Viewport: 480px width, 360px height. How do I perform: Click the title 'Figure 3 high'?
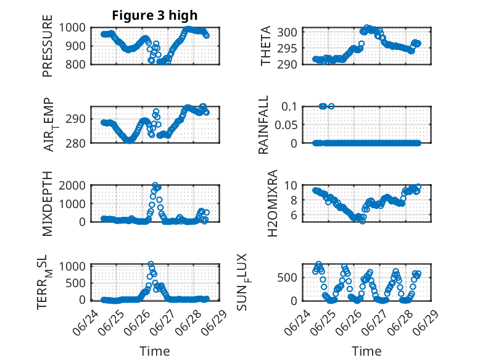[155, 15]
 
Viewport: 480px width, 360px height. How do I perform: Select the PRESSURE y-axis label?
[48, 46]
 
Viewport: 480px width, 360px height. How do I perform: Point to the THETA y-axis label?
[266, 46]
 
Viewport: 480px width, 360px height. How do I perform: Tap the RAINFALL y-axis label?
[263, 125]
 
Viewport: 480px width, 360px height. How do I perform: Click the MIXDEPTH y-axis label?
[48, 204]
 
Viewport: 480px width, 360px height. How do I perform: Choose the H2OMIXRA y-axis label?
[272, 203]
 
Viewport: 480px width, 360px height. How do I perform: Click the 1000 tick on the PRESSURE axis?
[72, 28]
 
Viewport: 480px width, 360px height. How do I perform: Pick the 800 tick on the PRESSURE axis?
[76, 64]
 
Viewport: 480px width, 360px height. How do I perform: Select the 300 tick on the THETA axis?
[287, 32]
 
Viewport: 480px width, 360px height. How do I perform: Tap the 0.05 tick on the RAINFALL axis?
[286, 125]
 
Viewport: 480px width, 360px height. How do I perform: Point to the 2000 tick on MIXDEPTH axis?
[72, 185]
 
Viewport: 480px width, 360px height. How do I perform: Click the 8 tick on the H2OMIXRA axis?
[294, 200]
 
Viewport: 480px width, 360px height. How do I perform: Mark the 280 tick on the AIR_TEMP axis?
[76, 143]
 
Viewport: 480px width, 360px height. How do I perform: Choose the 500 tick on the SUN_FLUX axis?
[287, 278]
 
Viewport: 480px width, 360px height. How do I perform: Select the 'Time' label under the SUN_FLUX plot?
[366, 351]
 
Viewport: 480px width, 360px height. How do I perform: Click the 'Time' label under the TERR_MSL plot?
[155, 351]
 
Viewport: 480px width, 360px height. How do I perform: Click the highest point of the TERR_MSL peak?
[151, 264]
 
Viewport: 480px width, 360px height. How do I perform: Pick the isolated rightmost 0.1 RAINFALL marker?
[331, 106]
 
